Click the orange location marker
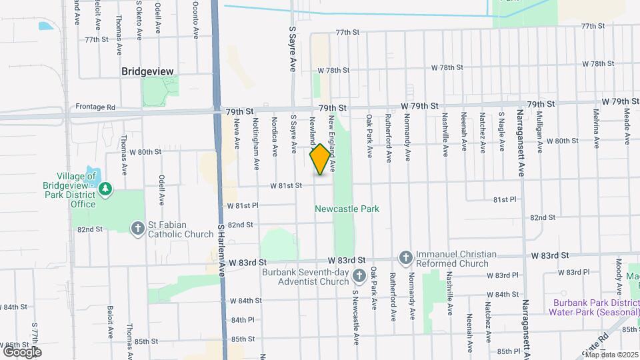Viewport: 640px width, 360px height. pos(320,159)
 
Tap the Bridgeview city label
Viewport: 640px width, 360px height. pos(147,71)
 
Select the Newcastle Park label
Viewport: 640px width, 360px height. pos(347,209)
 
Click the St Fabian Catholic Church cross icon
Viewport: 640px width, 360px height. pos(138,229)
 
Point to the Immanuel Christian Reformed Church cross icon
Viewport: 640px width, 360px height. pos(405,257)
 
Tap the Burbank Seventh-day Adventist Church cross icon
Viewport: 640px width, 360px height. pos(359,276)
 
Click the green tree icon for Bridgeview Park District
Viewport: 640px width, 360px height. pos(105,191)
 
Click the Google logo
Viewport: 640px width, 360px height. pos(21,351)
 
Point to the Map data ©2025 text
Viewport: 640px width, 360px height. pos(611,354)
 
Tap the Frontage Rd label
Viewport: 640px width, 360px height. pos(95,107)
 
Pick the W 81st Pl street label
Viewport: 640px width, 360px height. pos(242,206)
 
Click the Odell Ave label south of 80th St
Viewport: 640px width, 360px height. pos(161,190)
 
